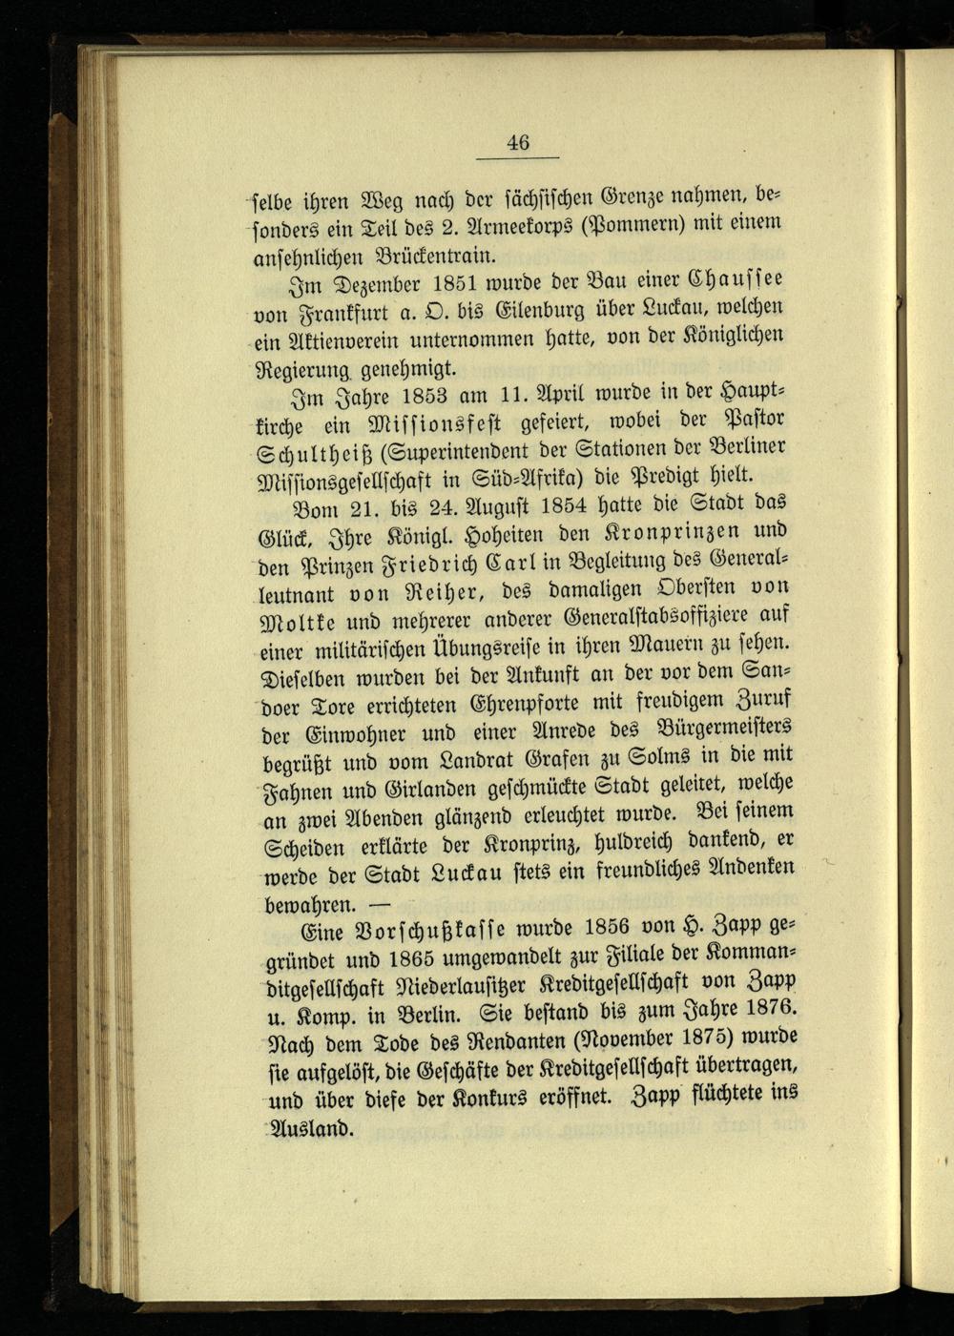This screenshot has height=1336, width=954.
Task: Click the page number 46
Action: coord(518,143)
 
